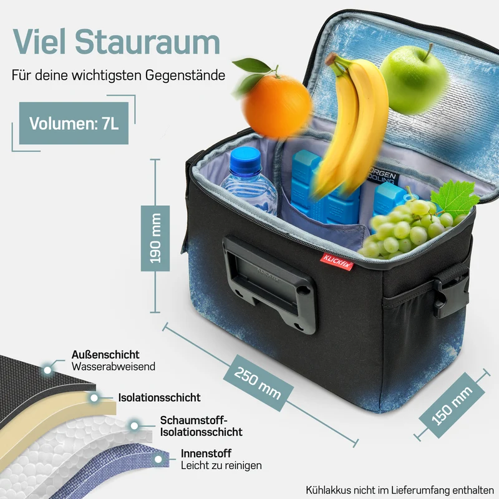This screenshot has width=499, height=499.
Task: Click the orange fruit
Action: tap(276, 105)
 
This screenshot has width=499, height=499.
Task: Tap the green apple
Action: tap(414, 80)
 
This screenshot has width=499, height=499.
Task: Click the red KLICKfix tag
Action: tap(337, 261)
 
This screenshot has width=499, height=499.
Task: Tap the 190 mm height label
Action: tap(155, 238)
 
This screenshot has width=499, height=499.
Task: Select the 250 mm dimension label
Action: tap(258, 382)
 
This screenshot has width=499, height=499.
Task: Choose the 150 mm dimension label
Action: tap(452, 405)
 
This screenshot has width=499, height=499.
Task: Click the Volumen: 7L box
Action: tap(74, 123)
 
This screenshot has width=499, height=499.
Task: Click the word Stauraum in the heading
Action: tap(147, 42)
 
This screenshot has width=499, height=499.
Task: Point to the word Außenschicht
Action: tap(105, 354)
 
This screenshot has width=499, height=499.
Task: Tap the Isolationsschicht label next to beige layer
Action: tap(160, 397)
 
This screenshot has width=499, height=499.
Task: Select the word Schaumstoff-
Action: tap(194, 420)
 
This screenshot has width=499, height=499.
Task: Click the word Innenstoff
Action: tap(206, 453)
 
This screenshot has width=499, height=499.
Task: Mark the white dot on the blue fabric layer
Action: tap(158, 459)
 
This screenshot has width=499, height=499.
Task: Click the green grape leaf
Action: tap(455, 197)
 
